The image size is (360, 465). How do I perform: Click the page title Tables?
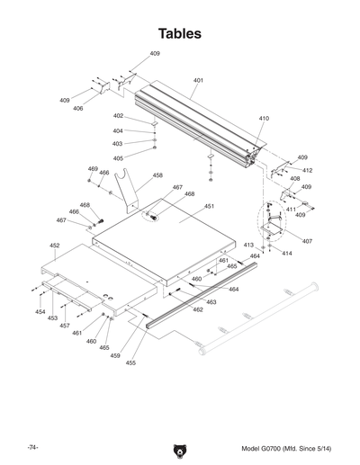tap(180, 33)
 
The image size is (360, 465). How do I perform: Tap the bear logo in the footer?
tap(180, 452)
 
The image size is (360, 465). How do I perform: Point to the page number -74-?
tap(32, 448)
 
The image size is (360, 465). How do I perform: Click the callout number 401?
tap(198, 80)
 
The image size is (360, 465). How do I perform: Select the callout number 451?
tap(209, 206)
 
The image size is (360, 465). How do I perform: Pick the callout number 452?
tap(55, 246)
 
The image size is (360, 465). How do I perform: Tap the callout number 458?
tap(157, 175)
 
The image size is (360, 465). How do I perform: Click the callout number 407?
tap(307, 241)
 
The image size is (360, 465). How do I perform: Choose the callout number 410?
tap(264, 119)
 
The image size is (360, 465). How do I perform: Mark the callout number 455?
tap(130, 363)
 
